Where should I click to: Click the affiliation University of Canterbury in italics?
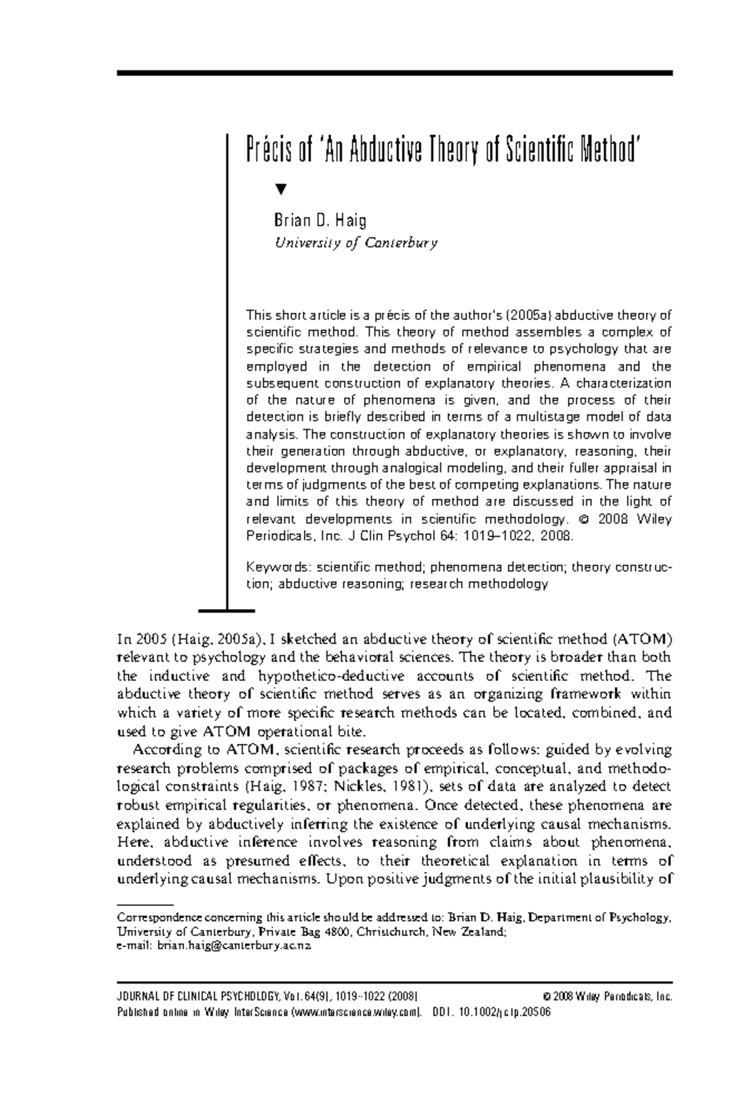[355, 243]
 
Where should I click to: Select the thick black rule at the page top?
[394, 73]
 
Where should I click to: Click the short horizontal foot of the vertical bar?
[226, 610]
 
